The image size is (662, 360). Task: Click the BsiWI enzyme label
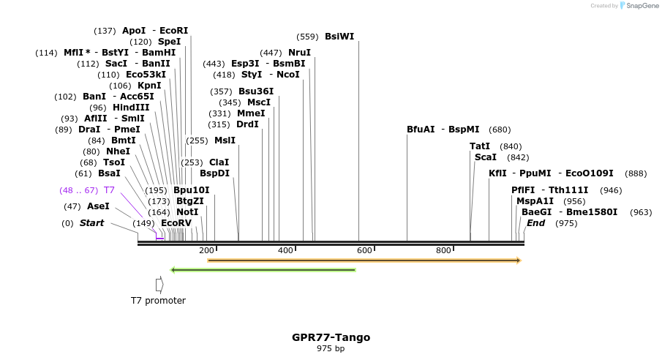pos(339,37)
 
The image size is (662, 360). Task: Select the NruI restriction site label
pos(299,53)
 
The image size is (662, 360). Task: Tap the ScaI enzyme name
pos(485,157)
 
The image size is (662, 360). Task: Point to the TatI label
pos(480,146)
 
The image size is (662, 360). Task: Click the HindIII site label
pos(130,107)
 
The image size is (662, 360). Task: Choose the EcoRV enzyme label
pos(176,222)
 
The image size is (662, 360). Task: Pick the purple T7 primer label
pos(110,190)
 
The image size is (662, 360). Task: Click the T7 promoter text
pos(158,301)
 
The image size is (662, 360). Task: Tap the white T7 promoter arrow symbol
pos(159,284)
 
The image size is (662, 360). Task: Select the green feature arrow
pos(263,270)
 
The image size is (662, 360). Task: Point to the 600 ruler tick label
pos(365,251)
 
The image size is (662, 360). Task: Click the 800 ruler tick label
pos(443,251)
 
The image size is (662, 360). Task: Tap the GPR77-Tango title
pos(331,337)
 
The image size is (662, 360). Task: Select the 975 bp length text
pos(331,349)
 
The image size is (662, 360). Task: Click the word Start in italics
pos(91,223)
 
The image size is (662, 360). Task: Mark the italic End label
pos(535,223)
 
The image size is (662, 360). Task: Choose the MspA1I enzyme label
pos(535,201)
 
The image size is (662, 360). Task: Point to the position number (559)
pos(307,37)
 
